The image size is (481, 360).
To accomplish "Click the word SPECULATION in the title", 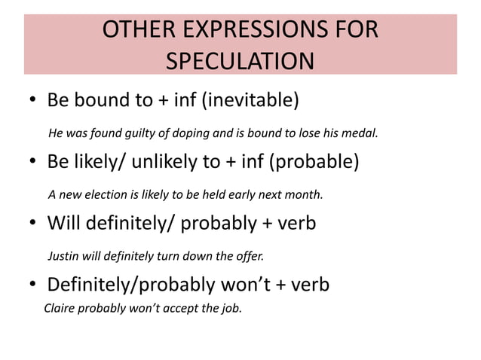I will (240, 60).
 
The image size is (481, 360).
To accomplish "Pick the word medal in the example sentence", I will (360, 134).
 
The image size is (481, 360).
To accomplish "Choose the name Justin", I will (64, 256).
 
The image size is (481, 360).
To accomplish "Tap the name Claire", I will (61, 307).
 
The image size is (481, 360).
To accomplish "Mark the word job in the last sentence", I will (231, 307).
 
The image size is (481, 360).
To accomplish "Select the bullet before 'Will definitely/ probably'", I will (34, 224).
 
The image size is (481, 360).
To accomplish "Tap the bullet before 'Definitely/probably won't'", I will (34, 286).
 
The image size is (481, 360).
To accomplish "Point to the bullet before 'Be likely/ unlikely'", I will (34, 163).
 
